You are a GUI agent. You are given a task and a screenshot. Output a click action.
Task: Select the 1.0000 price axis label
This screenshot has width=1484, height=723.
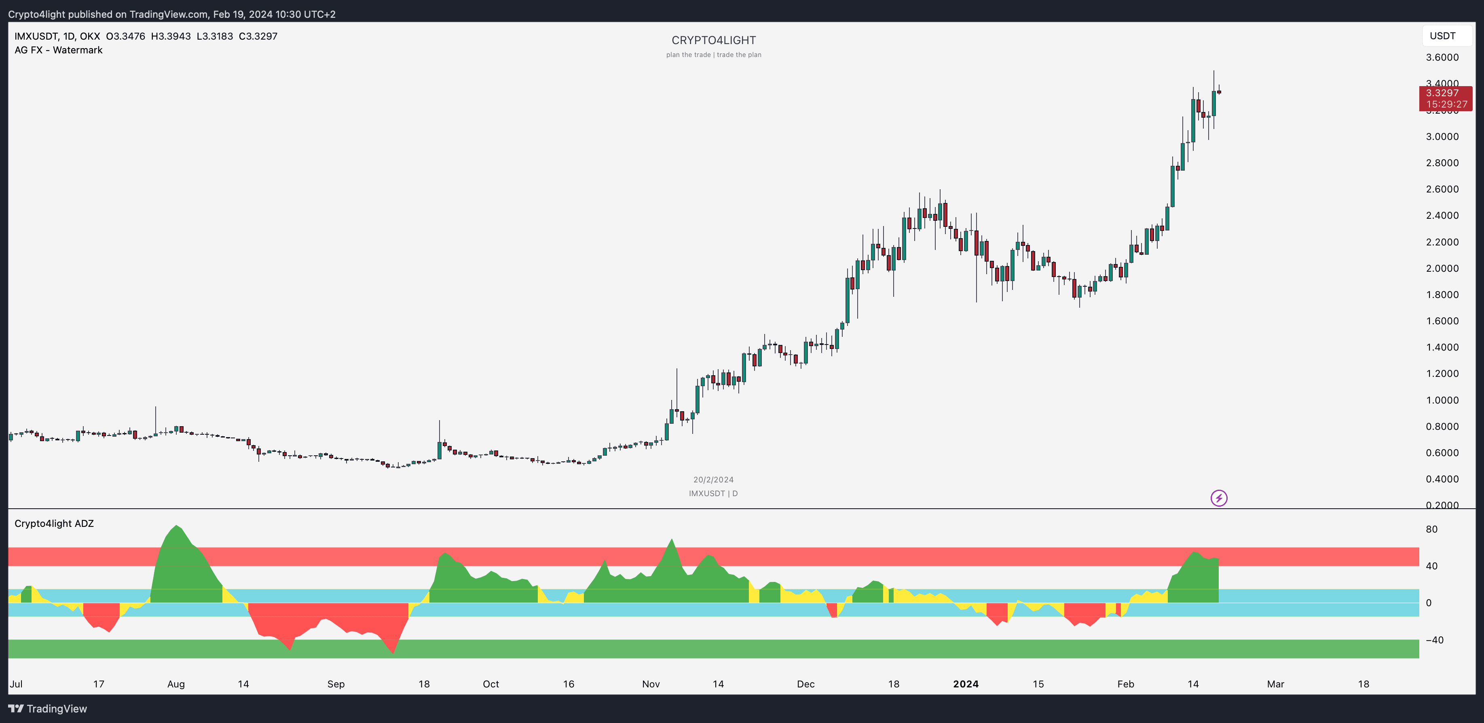point(1442,400)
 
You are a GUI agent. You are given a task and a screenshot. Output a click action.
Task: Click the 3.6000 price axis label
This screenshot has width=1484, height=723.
point(1442,57)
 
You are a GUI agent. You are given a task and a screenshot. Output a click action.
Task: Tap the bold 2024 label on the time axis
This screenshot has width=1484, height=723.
point(966,684)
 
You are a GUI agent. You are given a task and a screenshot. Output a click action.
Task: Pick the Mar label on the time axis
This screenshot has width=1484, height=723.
point(1275,684)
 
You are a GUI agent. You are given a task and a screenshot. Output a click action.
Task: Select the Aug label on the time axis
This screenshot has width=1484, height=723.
point(176,684)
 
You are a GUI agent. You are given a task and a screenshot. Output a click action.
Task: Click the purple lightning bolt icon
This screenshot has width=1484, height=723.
point(1218,498)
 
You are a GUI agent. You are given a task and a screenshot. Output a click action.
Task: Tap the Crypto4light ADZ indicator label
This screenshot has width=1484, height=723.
point(54,524)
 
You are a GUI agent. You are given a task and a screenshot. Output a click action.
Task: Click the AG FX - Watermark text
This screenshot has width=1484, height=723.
point(58,50)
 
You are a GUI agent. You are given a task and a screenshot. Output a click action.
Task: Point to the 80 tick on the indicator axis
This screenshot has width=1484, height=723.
point(1431,529)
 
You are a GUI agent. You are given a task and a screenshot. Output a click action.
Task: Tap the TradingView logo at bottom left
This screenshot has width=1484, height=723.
point(48,708)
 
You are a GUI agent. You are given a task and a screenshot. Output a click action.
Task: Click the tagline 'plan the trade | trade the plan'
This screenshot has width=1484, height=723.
point(713,55)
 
